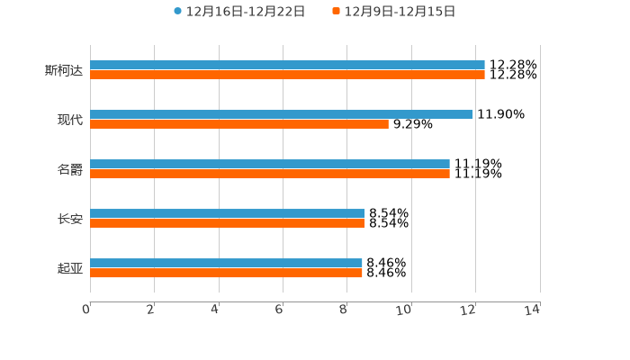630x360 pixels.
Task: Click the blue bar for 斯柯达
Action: [287, 66]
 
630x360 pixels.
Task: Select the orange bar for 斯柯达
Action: [287, 76]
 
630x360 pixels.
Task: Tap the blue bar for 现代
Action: [281, 115]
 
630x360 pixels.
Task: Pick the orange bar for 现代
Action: [239, 125]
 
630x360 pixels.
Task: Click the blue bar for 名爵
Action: [270, 165]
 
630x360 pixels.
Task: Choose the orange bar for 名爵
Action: [270, 175]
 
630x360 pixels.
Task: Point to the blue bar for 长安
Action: [227, 214]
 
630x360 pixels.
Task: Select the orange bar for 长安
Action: [227, 224]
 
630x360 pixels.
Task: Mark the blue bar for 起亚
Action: [226, 264]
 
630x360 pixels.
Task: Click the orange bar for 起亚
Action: [226, 274]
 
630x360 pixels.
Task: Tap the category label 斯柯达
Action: [64, 70]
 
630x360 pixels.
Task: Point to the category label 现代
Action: [70, 120]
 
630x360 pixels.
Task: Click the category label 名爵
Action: [70, 169]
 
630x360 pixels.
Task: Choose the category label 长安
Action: [70, 219]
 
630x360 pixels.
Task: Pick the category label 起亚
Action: [70, 268]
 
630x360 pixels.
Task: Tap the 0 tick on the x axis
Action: [87, 310]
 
